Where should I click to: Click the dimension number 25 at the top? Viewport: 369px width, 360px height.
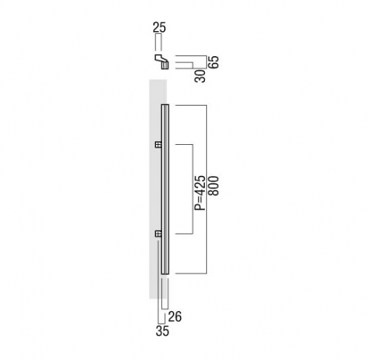[159, 27]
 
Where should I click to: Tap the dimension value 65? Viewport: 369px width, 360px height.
[213, 62]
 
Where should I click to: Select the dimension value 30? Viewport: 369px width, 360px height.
[200, 76]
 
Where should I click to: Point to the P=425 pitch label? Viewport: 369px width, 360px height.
[200, 193]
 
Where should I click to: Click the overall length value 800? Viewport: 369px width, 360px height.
[213, 186]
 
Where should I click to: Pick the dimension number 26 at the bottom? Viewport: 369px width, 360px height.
[175, 316]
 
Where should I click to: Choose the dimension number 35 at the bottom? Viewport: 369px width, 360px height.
[163, 331]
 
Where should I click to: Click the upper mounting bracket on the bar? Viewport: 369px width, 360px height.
[158, 145]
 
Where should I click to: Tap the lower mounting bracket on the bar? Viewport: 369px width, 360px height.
[158, 234]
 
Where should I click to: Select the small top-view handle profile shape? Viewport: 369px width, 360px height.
[162, 61]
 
